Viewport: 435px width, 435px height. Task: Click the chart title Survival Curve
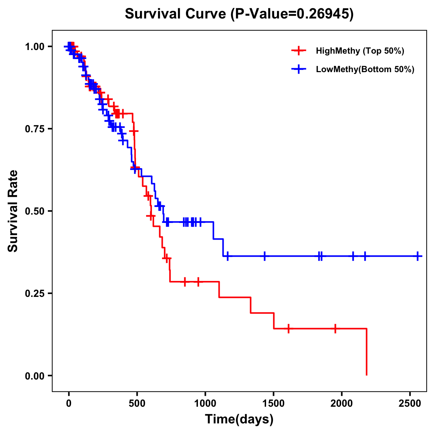pyautogui.click(x=239, y=14)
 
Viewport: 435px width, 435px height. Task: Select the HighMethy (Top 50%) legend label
pyautogui.click(x=360, y=51)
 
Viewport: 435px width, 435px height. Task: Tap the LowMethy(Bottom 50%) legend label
pyautogui.click(x=365, y=69)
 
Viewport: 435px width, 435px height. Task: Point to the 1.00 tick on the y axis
pyautogui.click(x=35, y=47)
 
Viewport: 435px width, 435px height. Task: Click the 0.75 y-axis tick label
pyautogui.click(x=35, y=129)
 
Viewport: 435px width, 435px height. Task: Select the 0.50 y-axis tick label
pyautogui.click(x=35, y=211)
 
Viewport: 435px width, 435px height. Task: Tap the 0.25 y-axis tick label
pyautogui.click(x=35, y=293)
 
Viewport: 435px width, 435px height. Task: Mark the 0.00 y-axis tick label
pyautogui.click(x=35, y=376)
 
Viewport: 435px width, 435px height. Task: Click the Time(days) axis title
pyautogui.click(x=239, y=419)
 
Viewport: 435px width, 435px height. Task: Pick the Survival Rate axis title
pyautogui.click(x=13, y=211)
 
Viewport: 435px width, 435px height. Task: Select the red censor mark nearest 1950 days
pyautogui.click(x=335, y=328)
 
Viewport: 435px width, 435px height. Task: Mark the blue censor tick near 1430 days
pyautogui.click(x=265, y=256)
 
